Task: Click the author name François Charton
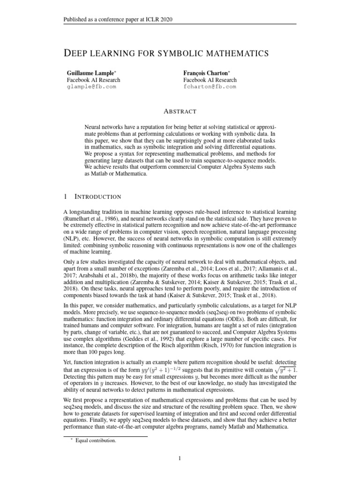point(205,74)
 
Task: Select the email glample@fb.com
point(91,87)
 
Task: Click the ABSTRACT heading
point(180,111)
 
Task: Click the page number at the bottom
point(180,458)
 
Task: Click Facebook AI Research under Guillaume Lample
point(93,80)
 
